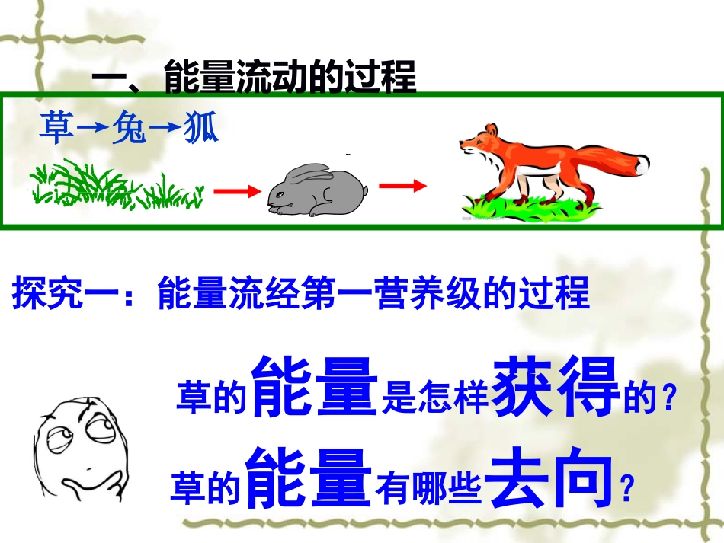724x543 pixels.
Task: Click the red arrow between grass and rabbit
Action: [x=237, y=192]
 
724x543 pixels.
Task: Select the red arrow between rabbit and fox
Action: [x=402, y=185]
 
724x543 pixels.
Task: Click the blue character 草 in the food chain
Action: [x=57, y=130]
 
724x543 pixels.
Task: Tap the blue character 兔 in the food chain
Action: [x=128, y=130]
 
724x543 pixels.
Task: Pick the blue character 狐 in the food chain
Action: [x=200, y=130]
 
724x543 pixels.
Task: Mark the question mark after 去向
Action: [x=626, y=490]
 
